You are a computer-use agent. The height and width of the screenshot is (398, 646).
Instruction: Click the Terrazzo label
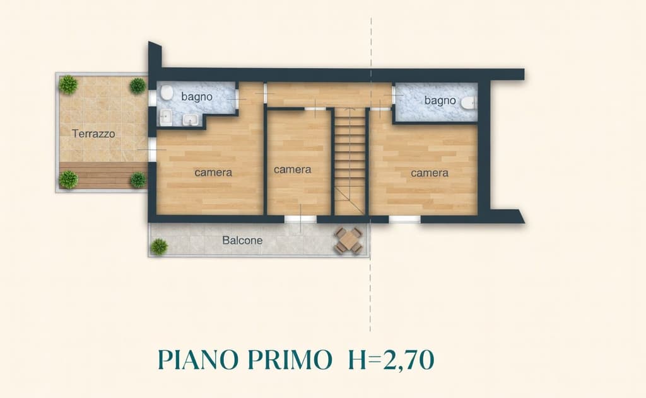click(93, 134)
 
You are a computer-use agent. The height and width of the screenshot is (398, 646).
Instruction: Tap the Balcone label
click(242, 241)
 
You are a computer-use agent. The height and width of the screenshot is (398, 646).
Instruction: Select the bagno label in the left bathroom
click(197, 97)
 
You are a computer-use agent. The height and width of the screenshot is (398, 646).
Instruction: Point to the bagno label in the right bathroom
click(440, 100)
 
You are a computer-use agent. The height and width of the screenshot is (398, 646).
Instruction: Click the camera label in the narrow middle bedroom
click(292, 169)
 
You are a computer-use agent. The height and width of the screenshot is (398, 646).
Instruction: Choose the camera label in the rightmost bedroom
click(430, 173)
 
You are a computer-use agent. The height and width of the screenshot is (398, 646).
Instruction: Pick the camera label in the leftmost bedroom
click(213, 173)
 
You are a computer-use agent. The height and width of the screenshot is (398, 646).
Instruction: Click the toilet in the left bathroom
click(167, 94)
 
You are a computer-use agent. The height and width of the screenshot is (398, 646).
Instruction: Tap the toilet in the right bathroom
click(467, 103)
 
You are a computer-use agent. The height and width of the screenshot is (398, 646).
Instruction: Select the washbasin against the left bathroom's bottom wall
click(190, 120)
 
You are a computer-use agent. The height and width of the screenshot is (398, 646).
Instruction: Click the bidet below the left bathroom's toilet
click(165, 117)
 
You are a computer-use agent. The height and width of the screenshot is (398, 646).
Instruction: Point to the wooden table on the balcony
click(349, 241)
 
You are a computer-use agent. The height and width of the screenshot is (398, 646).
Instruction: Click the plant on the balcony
click(159, 246)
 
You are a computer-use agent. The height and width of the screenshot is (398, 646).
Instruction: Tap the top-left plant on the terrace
click(68, 84)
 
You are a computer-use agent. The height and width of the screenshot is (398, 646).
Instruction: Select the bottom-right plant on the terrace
click(138, 180)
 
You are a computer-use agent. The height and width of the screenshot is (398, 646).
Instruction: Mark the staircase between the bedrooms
click(349, 161)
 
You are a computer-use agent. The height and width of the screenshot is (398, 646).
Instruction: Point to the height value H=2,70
click(391, 360)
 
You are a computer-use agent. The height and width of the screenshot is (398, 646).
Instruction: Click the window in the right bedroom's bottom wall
click(404, 219)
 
